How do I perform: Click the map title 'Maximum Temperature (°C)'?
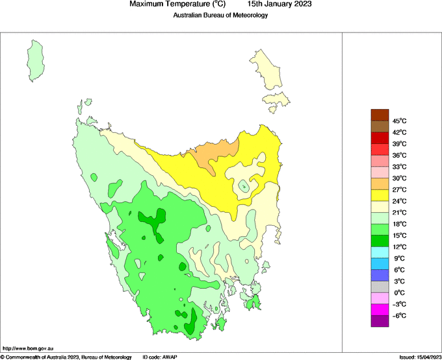coord(177,4)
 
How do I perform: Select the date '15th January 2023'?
coord(279,4)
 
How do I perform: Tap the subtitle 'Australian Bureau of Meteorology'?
coord(220,16)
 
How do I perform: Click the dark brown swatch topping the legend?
coord(380,115)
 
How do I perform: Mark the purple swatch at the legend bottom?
coord(380,320)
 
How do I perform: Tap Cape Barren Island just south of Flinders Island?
coord(277,100)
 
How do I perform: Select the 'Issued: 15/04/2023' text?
coord(419,357)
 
